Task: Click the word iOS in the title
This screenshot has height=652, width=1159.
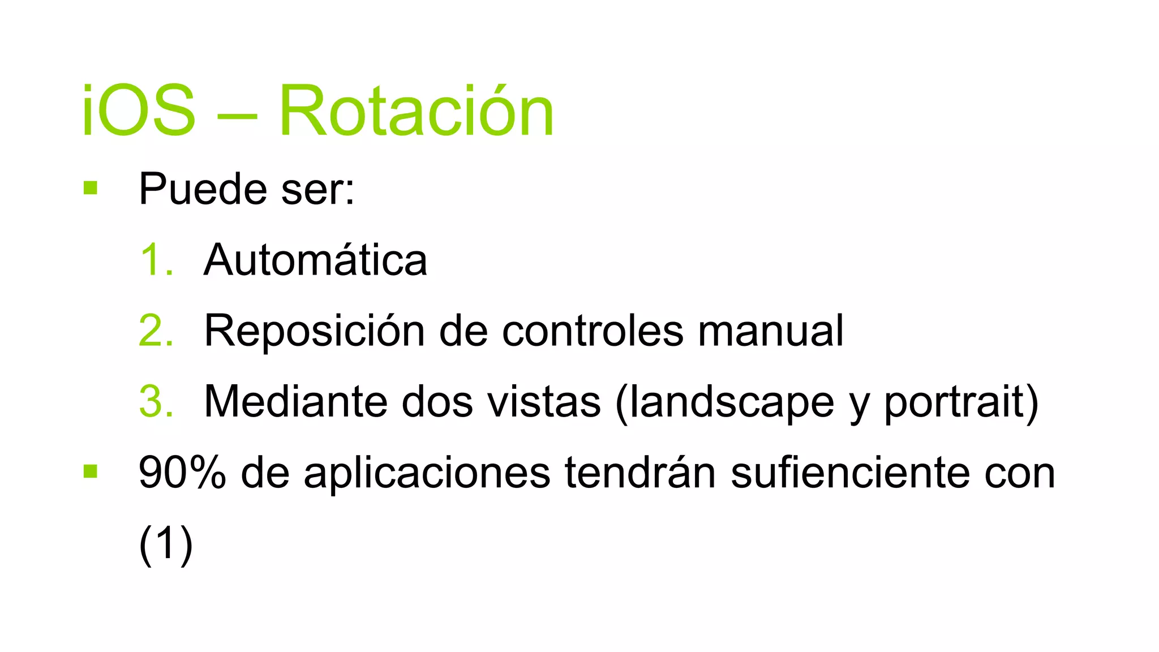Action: pyautogui.click(x=139, y=110)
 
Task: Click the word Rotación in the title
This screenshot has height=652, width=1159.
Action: pyautogui.click(x=416, y=110)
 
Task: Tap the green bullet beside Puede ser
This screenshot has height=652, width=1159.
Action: pyautogui.click(x=91, y=187)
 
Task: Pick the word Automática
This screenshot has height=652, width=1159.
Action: pyautogui.click(x=315, y=260)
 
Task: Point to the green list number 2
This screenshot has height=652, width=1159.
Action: pyautogui.click(x=155, y=331)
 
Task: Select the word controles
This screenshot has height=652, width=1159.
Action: pyautogui.click(x=593, y=331)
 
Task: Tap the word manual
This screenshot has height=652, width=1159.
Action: pyautogui.click(x=770, y=331)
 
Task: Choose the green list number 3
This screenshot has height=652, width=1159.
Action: pyautogui.click(x=155, y=402)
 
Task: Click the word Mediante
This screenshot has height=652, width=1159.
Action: pyautogui.click(x=295, y=402)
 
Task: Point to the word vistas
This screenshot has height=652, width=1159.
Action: pyautogui.click(x=544, y=402)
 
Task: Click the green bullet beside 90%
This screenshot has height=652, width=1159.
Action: pyautogui.click(x=91, y=471)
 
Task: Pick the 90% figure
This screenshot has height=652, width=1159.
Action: pyautogui.click(x=182, y=473)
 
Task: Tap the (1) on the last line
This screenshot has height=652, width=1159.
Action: pyautogui.click(x=166, y=544)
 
